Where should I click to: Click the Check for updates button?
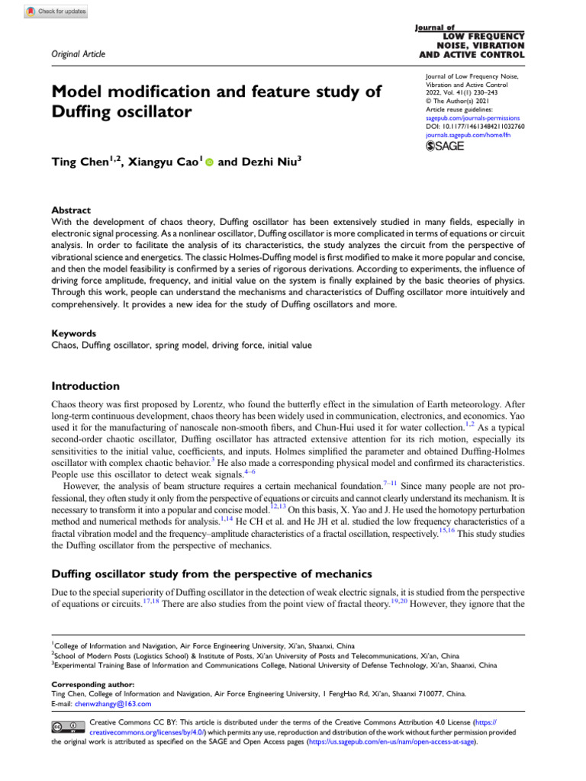pyautogui.click(x=56, y=11)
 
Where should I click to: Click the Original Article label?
pyautogui.click(x=78, y=53)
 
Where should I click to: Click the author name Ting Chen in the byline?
pyautogui.click(x=80, y=162)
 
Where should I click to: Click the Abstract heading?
pyautogui.click(x=70, y=210)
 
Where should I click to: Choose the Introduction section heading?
pyautogui.click(x=85, y=386)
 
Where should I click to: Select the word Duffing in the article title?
pyautogui.click(x=83, y=113)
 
